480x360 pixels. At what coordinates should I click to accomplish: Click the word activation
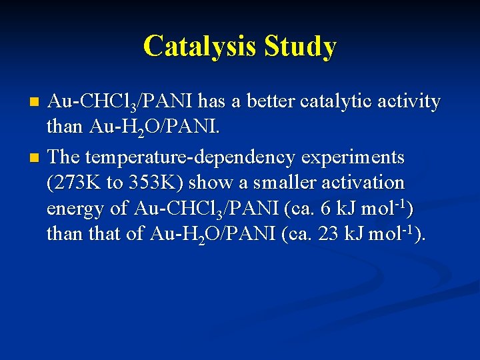click(x=363, y=183)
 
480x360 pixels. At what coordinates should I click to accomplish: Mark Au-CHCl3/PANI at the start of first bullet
click(x=119, y=102)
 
